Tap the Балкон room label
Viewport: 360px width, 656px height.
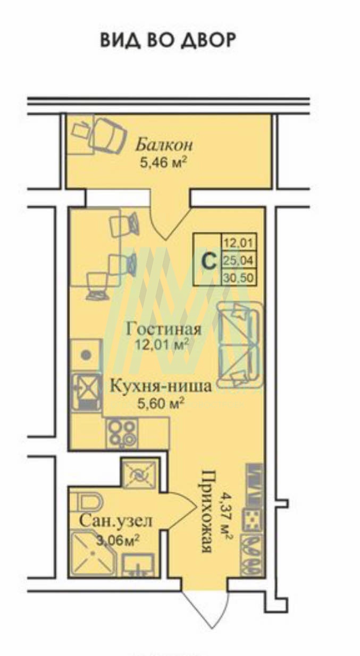tap(164, 145)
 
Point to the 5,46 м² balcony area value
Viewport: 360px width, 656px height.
tap(163, 163)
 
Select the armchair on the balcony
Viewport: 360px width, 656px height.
tap(108, 136)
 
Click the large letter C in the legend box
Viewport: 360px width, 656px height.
tap(210, 262)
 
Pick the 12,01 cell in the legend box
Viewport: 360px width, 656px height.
tap(239, 242)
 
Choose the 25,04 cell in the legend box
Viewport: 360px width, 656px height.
tap(239, 260)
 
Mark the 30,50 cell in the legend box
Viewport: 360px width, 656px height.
tap(239, 277)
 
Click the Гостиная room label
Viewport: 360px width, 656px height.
tap(164, 329)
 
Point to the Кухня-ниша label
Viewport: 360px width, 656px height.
tap(161, 386)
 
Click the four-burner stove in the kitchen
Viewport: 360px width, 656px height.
tap(122, 433)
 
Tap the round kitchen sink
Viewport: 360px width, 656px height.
tap(86, 355)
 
